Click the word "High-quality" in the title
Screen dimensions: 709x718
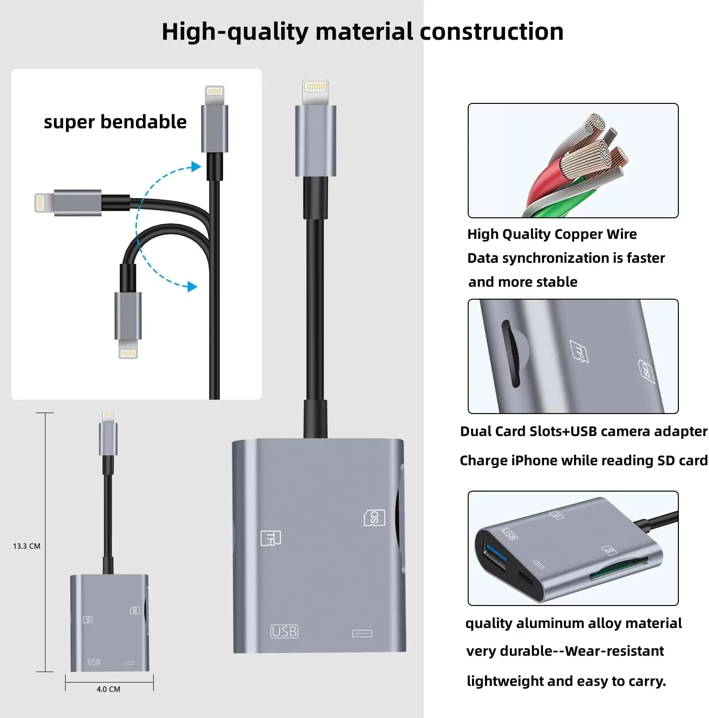click(235, 32)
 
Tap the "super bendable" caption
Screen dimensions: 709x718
click(115, 122)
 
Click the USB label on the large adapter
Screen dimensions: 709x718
click(284, 631)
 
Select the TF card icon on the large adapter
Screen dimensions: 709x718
click(270, 538)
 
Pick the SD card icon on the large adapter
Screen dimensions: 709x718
click(374, 517)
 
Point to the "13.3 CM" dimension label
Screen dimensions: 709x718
click(27, 546)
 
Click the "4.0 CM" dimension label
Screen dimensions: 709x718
click(108, 689)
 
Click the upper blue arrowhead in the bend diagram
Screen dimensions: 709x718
click(195, 167)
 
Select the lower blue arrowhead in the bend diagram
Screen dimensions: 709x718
click(192, 287)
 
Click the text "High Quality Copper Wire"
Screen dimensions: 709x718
click(552, 234)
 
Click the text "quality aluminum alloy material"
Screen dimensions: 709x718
click(574, 623)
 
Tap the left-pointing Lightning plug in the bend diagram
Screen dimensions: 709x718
click(43, 202)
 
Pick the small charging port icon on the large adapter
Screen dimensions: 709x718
click(362, 634)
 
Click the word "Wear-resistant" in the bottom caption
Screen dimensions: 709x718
click(614, 651)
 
